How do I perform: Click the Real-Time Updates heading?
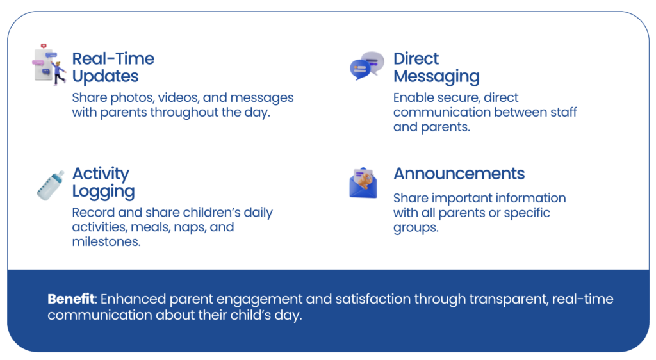point(113,67)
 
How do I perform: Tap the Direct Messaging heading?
point(436,68)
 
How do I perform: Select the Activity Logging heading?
point(103,183)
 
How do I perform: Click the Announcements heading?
point(459,174)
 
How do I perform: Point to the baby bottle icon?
point(51,185)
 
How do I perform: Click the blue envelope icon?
point(363,183)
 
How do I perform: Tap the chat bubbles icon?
point(367,65)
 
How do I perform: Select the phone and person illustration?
point(49,65)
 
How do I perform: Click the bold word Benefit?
point(71,299)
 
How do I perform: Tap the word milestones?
point(106,241)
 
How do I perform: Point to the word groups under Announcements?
point(416,228)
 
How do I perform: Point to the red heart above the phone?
point(44,46)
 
